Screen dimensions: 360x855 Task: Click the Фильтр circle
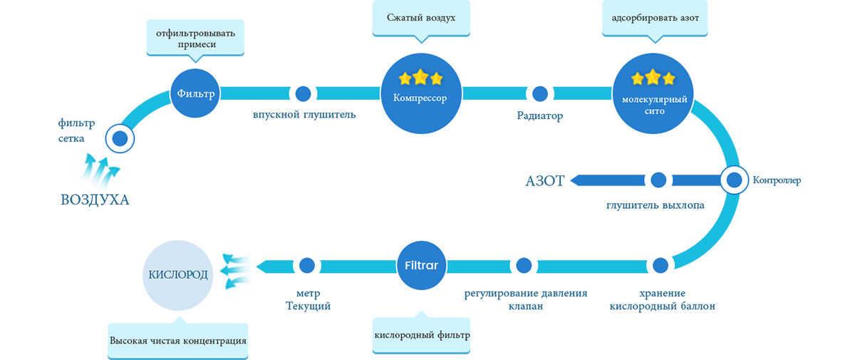coord(196,93)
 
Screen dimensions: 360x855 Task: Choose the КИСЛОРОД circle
coord(179,275)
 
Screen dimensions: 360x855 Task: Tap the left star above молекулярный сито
coord(634,77)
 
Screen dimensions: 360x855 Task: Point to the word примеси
coord(196,45)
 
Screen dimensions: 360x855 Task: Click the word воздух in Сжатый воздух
coord(439,16)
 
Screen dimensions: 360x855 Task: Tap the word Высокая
coord(127,341)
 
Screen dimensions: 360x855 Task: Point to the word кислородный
coord(403,335)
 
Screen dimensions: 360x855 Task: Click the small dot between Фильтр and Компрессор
coord(303,93)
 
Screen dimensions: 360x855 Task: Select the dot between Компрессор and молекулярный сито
coord(540,93)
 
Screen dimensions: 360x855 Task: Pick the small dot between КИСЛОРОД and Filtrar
coord(307,265)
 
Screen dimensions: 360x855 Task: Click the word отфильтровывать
coord(196,33)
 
